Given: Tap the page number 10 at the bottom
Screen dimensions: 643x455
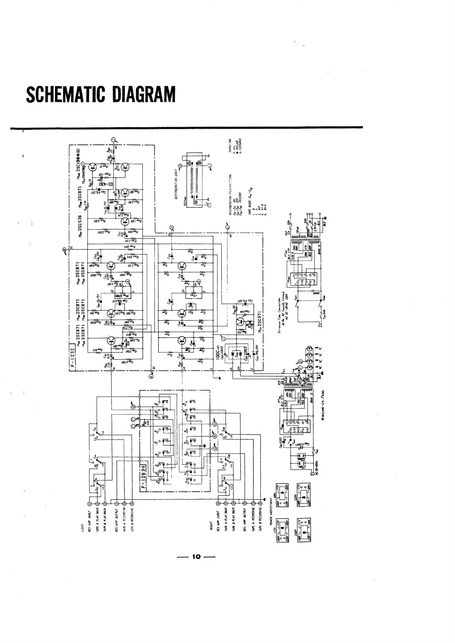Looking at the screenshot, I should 196,556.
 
